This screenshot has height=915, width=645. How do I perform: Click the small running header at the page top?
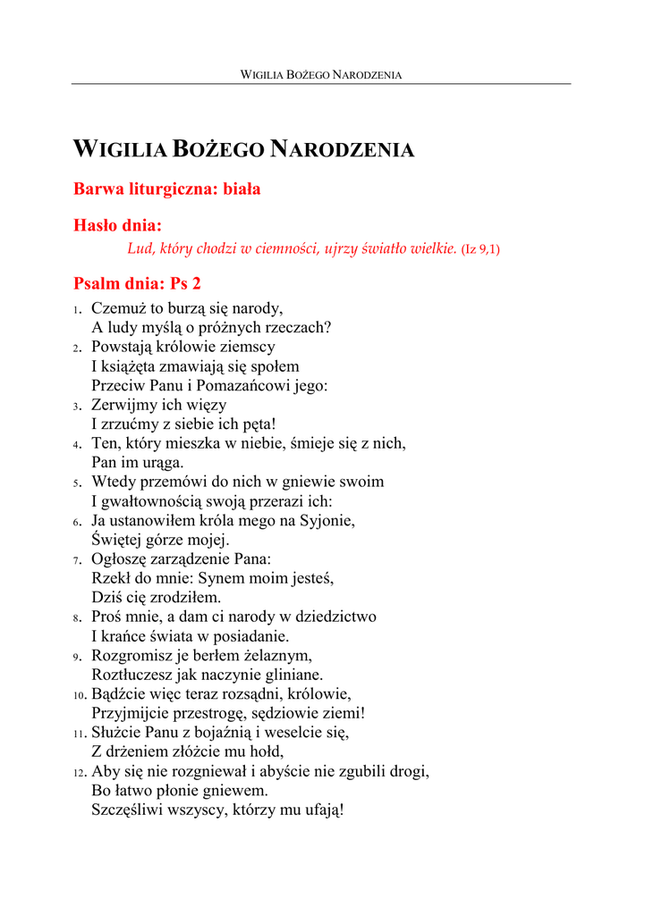pos(321,75)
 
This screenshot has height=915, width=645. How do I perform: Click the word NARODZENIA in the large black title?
pos(343,149)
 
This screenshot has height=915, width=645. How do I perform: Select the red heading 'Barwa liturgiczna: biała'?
pos(166,189)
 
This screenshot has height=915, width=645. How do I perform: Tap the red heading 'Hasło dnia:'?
pos(117,227)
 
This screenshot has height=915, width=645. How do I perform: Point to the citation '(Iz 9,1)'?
pos(480,249)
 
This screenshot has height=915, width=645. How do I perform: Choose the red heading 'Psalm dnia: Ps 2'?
pos(137,284)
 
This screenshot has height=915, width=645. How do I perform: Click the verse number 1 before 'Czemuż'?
pos(77,310)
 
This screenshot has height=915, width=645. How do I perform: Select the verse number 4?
pos(77,444)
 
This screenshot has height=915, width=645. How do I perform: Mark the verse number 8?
pos(77,617)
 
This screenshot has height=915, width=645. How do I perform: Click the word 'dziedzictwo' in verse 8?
pos(333,617)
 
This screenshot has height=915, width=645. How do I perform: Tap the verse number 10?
pos(80,695)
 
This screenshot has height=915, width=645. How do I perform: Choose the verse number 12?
pos(80,772)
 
